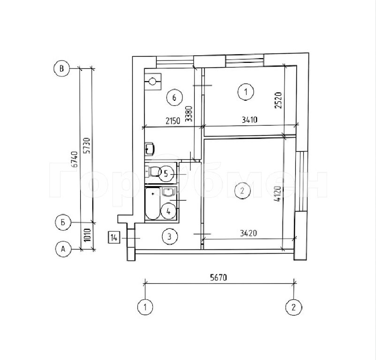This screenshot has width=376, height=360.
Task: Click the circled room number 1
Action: click(246, 91)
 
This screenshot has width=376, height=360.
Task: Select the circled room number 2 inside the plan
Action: click(242, 191)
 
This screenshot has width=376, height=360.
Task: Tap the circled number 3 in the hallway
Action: click(170, 237)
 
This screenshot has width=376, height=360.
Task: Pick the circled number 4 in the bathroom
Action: click(169, 211)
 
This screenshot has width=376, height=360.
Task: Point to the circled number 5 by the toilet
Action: click(166, 173)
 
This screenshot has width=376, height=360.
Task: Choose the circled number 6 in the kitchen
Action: click(174, 97)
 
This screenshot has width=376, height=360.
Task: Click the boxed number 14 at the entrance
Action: click(114, 238)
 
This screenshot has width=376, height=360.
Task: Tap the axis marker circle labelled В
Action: click(61, 68)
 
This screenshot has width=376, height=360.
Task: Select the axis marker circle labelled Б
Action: click(63, 223)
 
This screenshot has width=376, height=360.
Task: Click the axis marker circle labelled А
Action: click(63, 249)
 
